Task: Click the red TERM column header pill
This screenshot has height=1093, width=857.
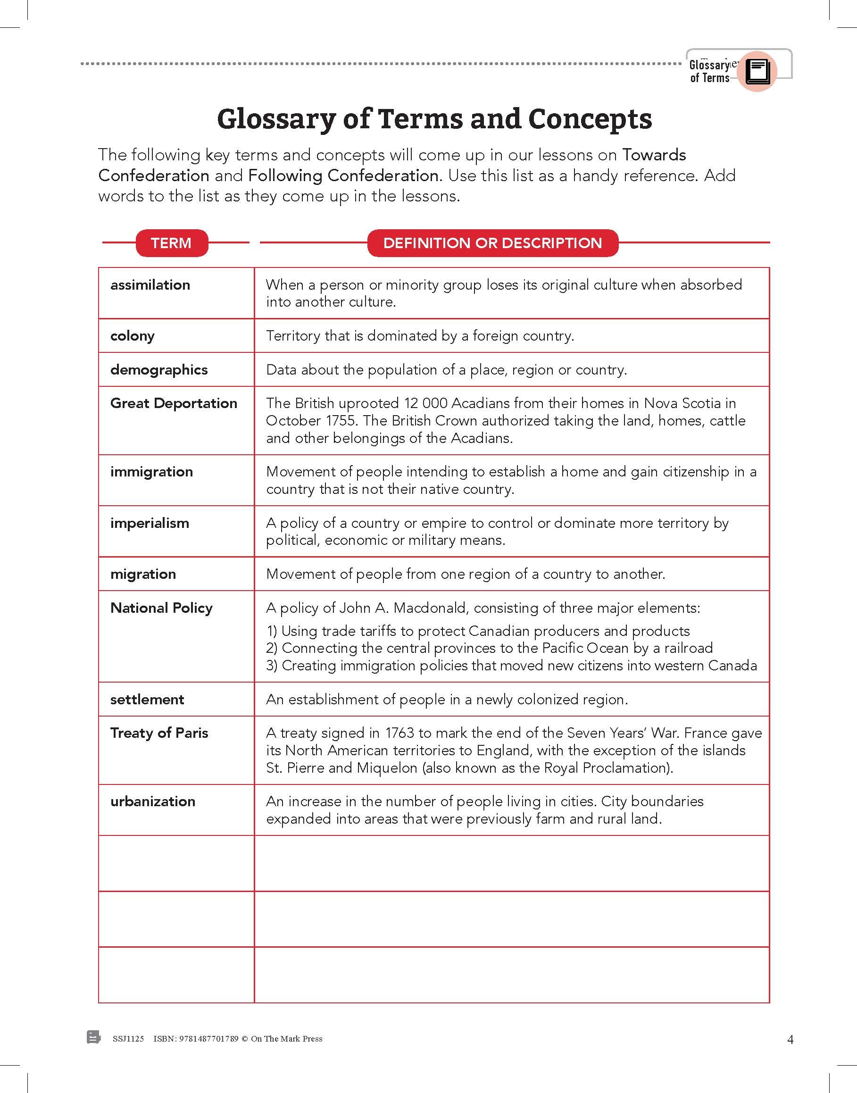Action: click(171, 243)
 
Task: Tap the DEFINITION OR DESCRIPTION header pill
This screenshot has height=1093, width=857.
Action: click(492, 243)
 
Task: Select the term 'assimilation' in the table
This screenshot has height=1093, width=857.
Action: click(150, 285)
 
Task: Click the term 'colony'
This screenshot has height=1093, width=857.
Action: click(133, 336)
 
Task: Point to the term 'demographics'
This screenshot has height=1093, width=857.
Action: click(158, 370)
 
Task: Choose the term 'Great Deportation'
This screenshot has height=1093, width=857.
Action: click(174, 403)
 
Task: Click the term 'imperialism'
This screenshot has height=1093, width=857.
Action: click(150, 524)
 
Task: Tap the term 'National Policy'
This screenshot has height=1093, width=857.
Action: click(161, 608)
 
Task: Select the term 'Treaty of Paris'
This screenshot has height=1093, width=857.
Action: click(159, 733)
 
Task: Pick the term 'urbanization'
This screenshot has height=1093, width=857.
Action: click(152, 801)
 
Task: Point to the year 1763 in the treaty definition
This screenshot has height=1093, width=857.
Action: click(399, 733)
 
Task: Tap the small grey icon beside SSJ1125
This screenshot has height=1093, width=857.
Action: click(93, 1037)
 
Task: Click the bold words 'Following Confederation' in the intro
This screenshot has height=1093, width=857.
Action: click(343, 175)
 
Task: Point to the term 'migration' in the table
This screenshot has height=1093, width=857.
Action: click(143, 574)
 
